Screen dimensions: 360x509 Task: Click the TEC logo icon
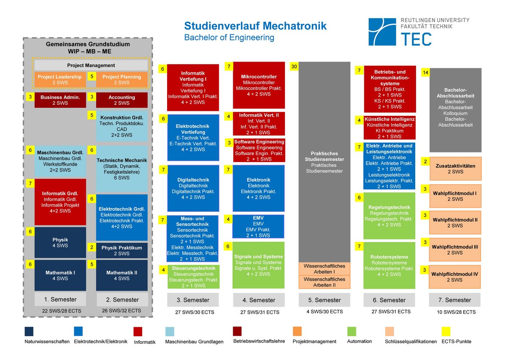[382, 32]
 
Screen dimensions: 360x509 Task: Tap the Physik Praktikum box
[122, 250]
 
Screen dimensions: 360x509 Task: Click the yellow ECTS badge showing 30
[294, 67]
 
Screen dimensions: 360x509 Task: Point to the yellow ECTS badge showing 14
[425, 73]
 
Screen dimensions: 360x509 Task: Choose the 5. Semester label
[324, 300]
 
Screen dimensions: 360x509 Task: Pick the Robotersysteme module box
[389, 265]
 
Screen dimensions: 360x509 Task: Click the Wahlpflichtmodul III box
[455, 250]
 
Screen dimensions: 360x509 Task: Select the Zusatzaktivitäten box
[455, 169]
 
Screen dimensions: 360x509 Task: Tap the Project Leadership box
[60, 79]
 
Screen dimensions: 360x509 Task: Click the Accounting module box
[122, 100]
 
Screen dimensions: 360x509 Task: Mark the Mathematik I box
[60, 275]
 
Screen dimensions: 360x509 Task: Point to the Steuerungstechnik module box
[193, 277]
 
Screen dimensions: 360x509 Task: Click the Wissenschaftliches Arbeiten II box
[324, 282]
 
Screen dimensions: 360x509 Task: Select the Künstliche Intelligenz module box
[389, 128]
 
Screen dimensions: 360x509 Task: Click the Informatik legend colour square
[138, 332]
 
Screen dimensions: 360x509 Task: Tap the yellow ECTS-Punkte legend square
[446, 331]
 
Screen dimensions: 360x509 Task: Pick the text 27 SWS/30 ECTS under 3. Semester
[193, 312]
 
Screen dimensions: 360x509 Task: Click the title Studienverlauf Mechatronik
[255, 26]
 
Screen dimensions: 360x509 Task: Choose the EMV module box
[258, 227]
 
